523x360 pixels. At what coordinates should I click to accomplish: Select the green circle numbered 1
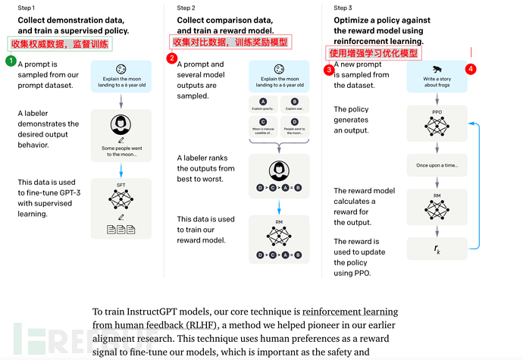(10, 60)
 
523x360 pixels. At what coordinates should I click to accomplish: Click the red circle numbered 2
(172, 58)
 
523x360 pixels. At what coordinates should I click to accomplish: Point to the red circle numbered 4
(471, 69)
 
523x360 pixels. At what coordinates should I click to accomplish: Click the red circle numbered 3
(329, 70)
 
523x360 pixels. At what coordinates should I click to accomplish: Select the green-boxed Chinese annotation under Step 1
(60, 45)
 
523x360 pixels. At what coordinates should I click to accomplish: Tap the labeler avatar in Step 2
(278, 170)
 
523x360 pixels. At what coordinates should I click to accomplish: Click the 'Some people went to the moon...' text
(120, 151)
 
